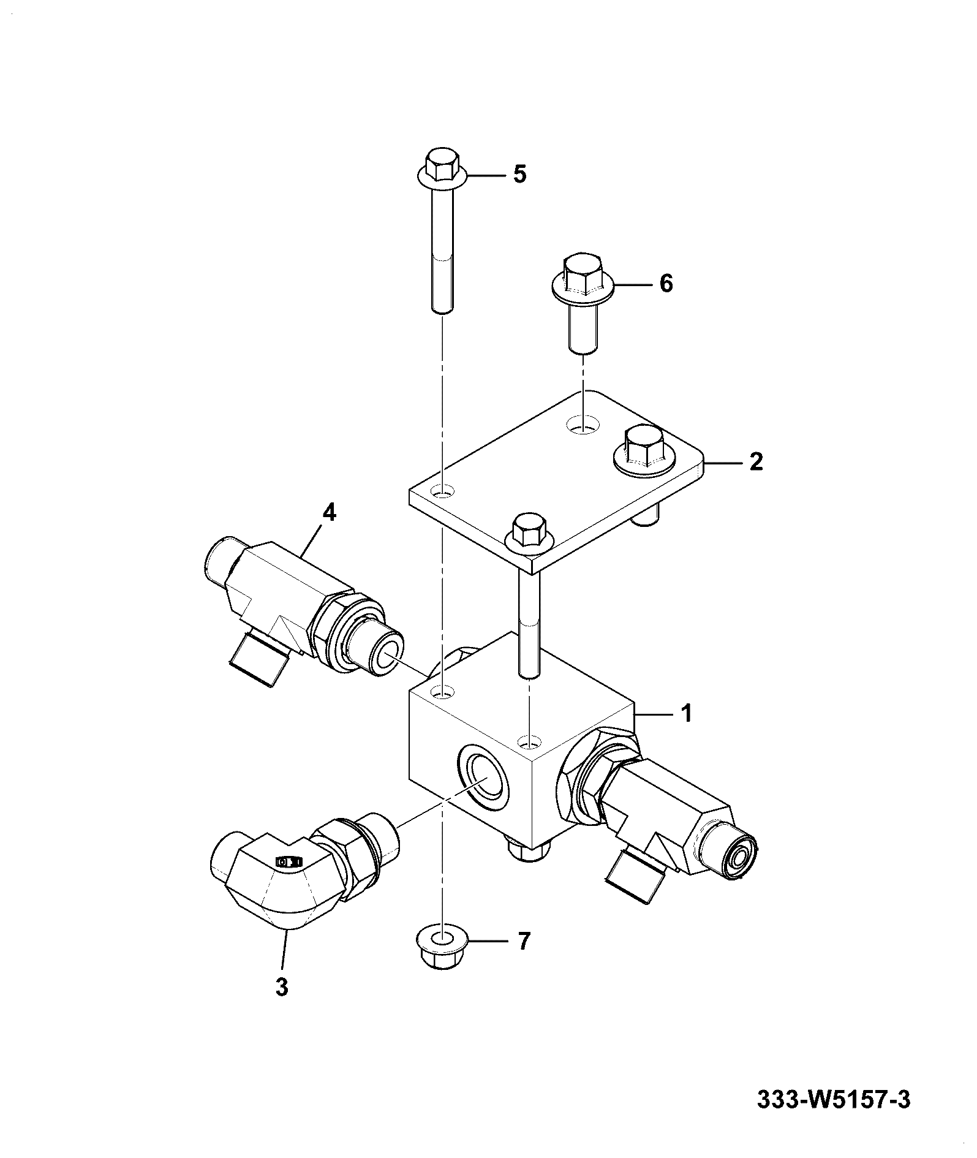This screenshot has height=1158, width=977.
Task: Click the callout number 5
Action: [519, 175]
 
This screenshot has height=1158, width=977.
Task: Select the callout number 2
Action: [756, 461]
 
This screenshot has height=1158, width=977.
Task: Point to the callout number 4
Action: [329, 512]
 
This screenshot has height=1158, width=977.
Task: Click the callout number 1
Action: [687, 713]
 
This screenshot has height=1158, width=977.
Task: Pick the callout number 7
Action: [522, 958]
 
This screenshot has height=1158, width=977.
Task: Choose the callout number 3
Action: [281, 1004]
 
